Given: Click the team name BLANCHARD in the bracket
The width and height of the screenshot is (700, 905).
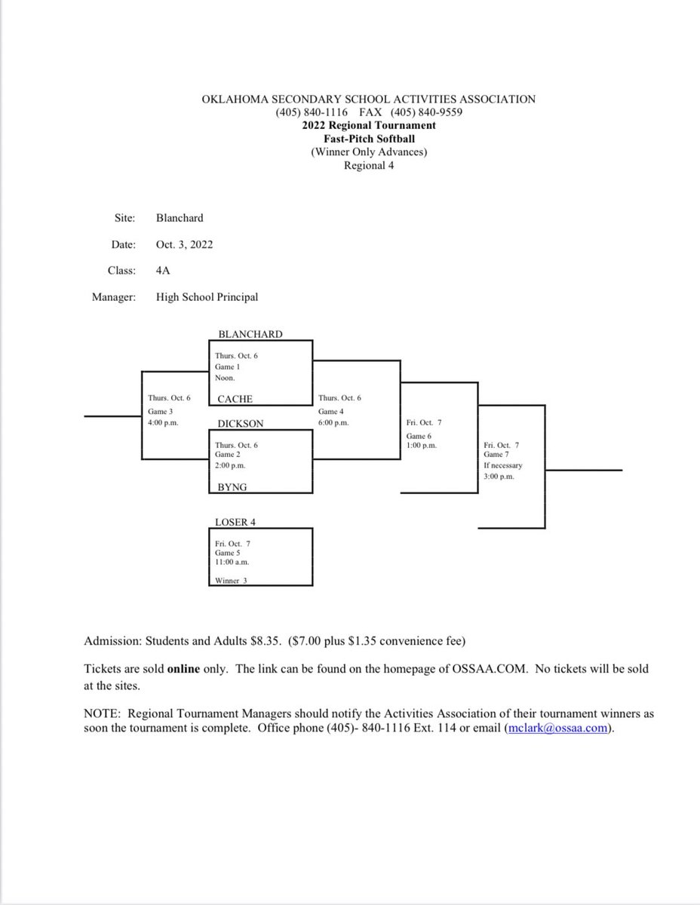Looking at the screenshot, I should tap(250, 334).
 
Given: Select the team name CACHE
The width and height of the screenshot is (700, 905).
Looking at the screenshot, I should tap(235, 399).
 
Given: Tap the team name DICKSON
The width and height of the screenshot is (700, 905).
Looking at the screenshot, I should tap(240, 424).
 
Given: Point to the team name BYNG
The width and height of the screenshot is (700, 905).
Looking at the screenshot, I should tap(232, 488).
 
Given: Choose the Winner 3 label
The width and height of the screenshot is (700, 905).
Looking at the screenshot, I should tap(231, 580).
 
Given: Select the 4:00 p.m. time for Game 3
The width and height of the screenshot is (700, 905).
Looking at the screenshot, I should tap(163, 423).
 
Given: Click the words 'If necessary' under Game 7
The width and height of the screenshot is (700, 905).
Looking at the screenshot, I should tap(503, 465).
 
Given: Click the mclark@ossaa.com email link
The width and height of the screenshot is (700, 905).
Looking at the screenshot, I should tap(556, 729).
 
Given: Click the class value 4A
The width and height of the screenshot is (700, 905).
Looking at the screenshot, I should tap(164, 271).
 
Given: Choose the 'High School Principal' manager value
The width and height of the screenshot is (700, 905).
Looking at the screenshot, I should tap(207, 297).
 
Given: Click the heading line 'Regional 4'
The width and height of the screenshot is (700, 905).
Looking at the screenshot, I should tap(369, 166).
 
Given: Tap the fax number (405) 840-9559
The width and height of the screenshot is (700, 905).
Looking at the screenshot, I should tap(426, 112).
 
